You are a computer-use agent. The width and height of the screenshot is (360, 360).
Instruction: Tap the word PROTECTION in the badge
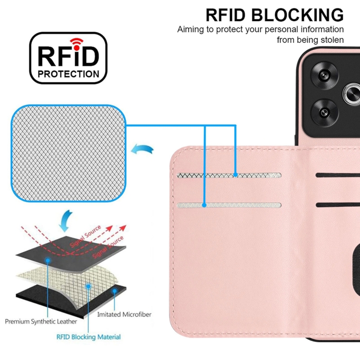69,74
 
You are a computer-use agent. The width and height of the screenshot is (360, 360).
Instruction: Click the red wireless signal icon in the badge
76,42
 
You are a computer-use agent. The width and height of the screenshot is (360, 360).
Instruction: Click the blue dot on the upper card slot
236,176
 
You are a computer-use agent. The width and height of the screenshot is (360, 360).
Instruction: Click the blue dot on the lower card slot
204,205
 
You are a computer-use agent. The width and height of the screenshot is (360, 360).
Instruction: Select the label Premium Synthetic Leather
42,321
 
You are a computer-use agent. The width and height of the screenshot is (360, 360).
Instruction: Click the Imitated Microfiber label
124,314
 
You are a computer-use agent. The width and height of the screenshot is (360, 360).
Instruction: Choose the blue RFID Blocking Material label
89,337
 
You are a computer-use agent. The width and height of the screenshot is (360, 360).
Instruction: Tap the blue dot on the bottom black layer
114,291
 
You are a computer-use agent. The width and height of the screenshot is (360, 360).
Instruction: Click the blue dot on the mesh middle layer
88,286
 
